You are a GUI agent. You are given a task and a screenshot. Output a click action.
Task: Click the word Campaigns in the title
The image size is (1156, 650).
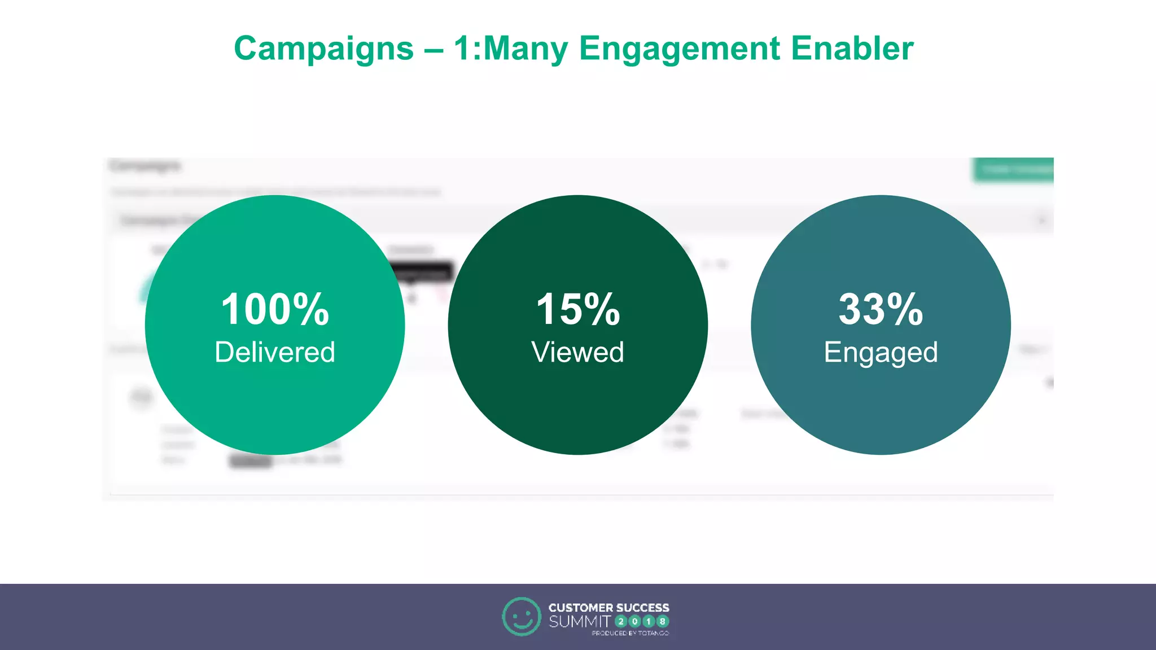click(323, 49)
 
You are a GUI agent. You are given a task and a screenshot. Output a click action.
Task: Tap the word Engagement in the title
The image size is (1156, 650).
click(679, 49)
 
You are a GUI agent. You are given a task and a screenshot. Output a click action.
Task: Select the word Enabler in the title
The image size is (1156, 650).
click(852, 49)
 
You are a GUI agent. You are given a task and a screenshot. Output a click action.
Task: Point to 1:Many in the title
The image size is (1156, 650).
click(511, 49)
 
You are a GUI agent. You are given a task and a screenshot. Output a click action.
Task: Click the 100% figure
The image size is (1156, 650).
click(275, 309)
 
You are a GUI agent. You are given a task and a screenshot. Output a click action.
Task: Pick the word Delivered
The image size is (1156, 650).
click(275, 352)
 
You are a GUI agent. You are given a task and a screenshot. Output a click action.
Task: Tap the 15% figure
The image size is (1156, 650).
click(577, 309)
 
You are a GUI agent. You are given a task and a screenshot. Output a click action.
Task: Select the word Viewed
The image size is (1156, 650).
click(577, 352)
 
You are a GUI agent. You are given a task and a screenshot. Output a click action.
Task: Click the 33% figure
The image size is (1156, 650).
click(881, 309)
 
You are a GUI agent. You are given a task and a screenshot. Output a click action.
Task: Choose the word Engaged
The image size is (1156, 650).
click(881, 353)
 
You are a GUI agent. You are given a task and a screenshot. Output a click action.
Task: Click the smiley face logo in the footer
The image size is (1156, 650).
click(521, 617)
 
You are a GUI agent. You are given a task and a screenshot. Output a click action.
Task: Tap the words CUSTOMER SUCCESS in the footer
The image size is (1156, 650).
click(608, 608)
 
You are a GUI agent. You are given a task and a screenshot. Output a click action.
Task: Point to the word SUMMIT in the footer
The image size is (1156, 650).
click(580, 622)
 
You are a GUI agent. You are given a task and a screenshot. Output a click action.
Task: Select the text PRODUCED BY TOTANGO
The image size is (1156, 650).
click(630, 634)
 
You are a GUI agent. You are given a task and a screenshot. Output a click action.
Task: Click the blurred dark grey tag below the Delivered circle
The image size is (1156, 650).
click(251, 461)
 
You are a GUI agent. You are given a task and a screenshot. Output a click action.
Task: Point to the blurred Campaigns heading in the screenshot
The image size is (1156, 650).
click(145, 165)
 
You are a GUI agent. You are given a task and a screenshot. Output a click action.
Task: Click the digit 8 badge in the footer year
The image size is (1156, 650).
click(663, 622)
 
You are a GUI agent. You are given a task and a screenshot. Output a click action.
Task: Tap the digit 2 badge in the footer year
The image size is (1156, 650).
click(621, 622)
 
